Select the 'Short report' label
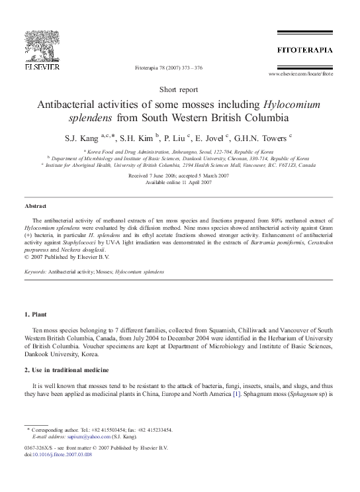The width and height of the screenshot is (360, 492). [179, 89]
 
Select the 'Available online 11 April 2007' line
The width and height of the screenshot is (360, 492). [179, 182]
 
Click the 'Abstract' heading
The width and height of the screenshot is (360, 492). [35, 207]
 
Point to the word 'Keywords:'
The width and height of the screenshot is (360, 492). [35, 272]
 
